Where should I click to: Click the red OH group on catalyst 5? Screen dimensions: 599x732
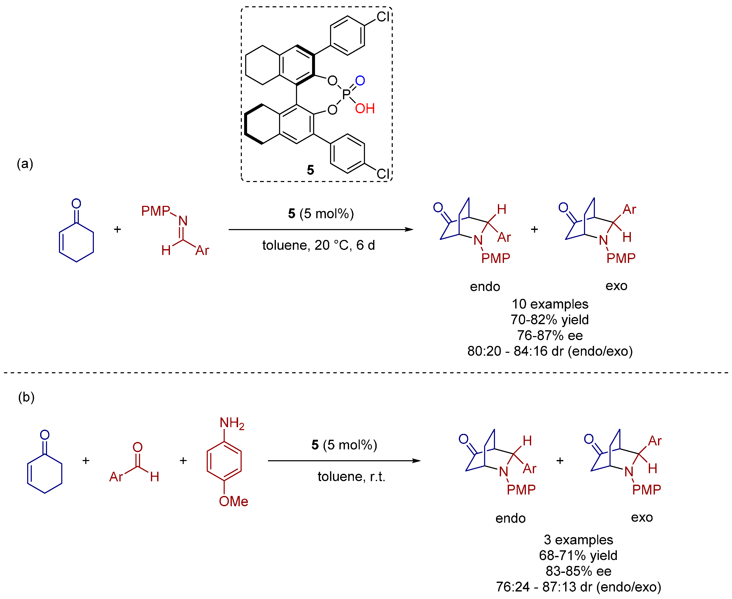tap(365, 109)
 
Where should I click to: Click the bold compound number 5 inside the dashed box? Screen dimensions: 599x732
tap(310, 170)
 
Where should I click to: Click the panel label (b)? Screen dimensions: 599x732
tap(26, 397)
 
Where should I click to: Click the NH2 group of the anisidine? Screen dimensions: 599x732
tap(232, 423)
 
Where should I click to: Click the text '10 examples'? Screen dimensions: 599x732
tap(550, 304)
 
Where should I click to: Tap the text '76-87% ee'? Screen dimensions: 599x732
tap(550, 335)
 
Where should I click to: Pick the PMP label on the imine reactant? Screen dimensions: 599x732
tap(155, 211)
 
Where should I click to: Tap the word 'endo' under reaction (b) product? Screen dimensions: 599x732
tap(510, 518)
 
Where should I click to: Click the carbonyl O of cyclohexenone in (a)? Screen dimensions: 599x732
tap(76, 204)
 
